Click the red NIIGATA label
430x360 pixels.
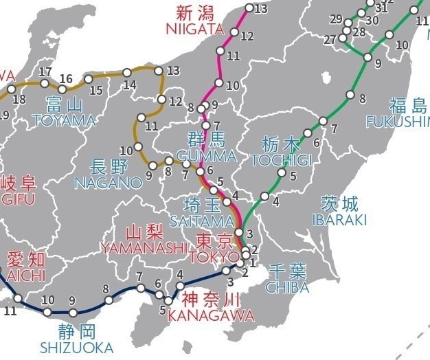click(x=194, y=29)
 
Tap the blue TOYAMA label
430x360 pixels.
click(x=63, y=121)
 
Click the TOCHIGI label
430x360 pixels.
click(x=282, y=160)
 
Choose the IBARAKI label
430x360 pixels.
click(x=339, y=220)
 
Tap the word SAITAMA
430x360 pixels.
click(x=202, y=221)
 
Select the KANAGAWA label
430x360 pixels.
click(x=211, y=316)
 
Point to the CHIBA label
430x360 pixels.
click(x=287, y=287)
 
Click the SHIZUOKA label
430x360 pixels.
click(x=76, y=347)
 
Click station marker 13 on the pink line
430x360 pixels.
click(x=249, y=9)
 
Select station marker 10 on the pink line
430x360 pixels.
click(x=219, y=83)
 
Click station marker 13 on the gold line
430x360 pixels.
click(x=159, y=71)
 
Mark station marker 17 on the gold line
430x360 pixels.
click(x=45, y=84)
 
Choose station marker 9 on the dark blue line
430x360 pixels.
click(x=73, y=313)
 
